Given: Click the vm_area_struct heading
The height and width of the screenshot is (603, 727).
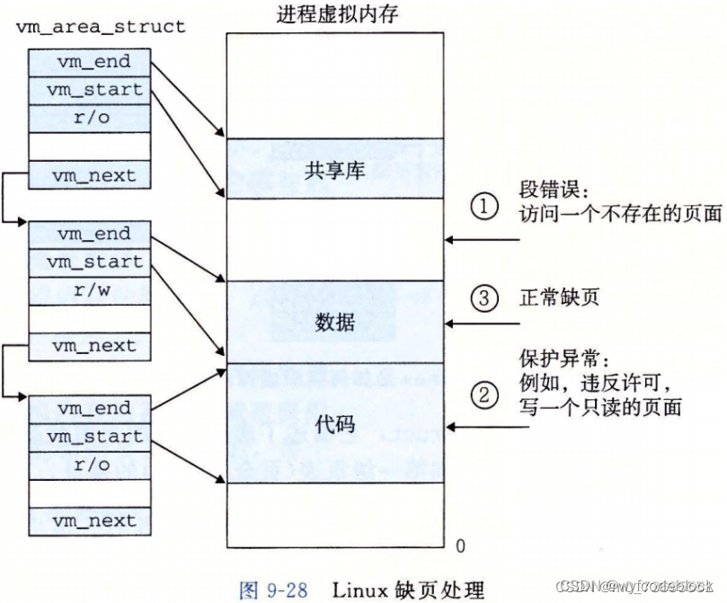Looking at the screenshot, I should tap(101, 26).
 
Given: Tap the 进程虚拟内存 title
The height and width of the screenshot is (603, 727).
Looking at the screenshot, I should tap(337, 17).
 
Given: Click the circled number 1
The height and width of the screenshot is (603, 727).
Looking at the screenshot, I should tap(484, 207).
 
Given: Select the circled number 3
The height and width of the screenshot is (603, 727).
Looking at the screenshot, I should tap(484, 298).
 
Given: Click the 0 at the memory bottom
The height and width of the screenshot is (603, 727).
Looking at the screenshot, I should tap(460, 545).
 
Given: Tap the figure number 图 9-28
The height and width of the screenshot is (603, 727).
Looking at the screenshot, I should tap(274, 590).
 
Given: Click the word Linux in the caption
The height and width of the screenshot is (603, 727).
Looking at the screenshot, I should tap(359, 590).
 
